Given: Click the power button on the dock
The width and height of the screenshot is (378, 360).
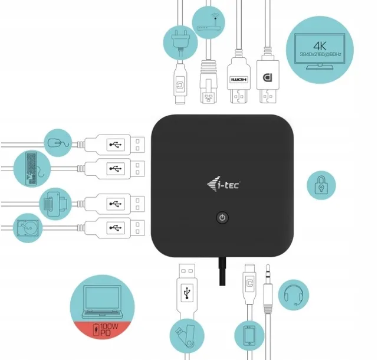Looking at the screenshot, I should point(222,218).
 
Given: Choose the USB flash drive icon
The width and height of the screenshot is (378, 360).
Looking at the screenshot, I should point(184,336).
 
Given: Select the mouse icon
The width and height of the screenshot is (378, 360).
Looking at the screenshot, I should point(57,142).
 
